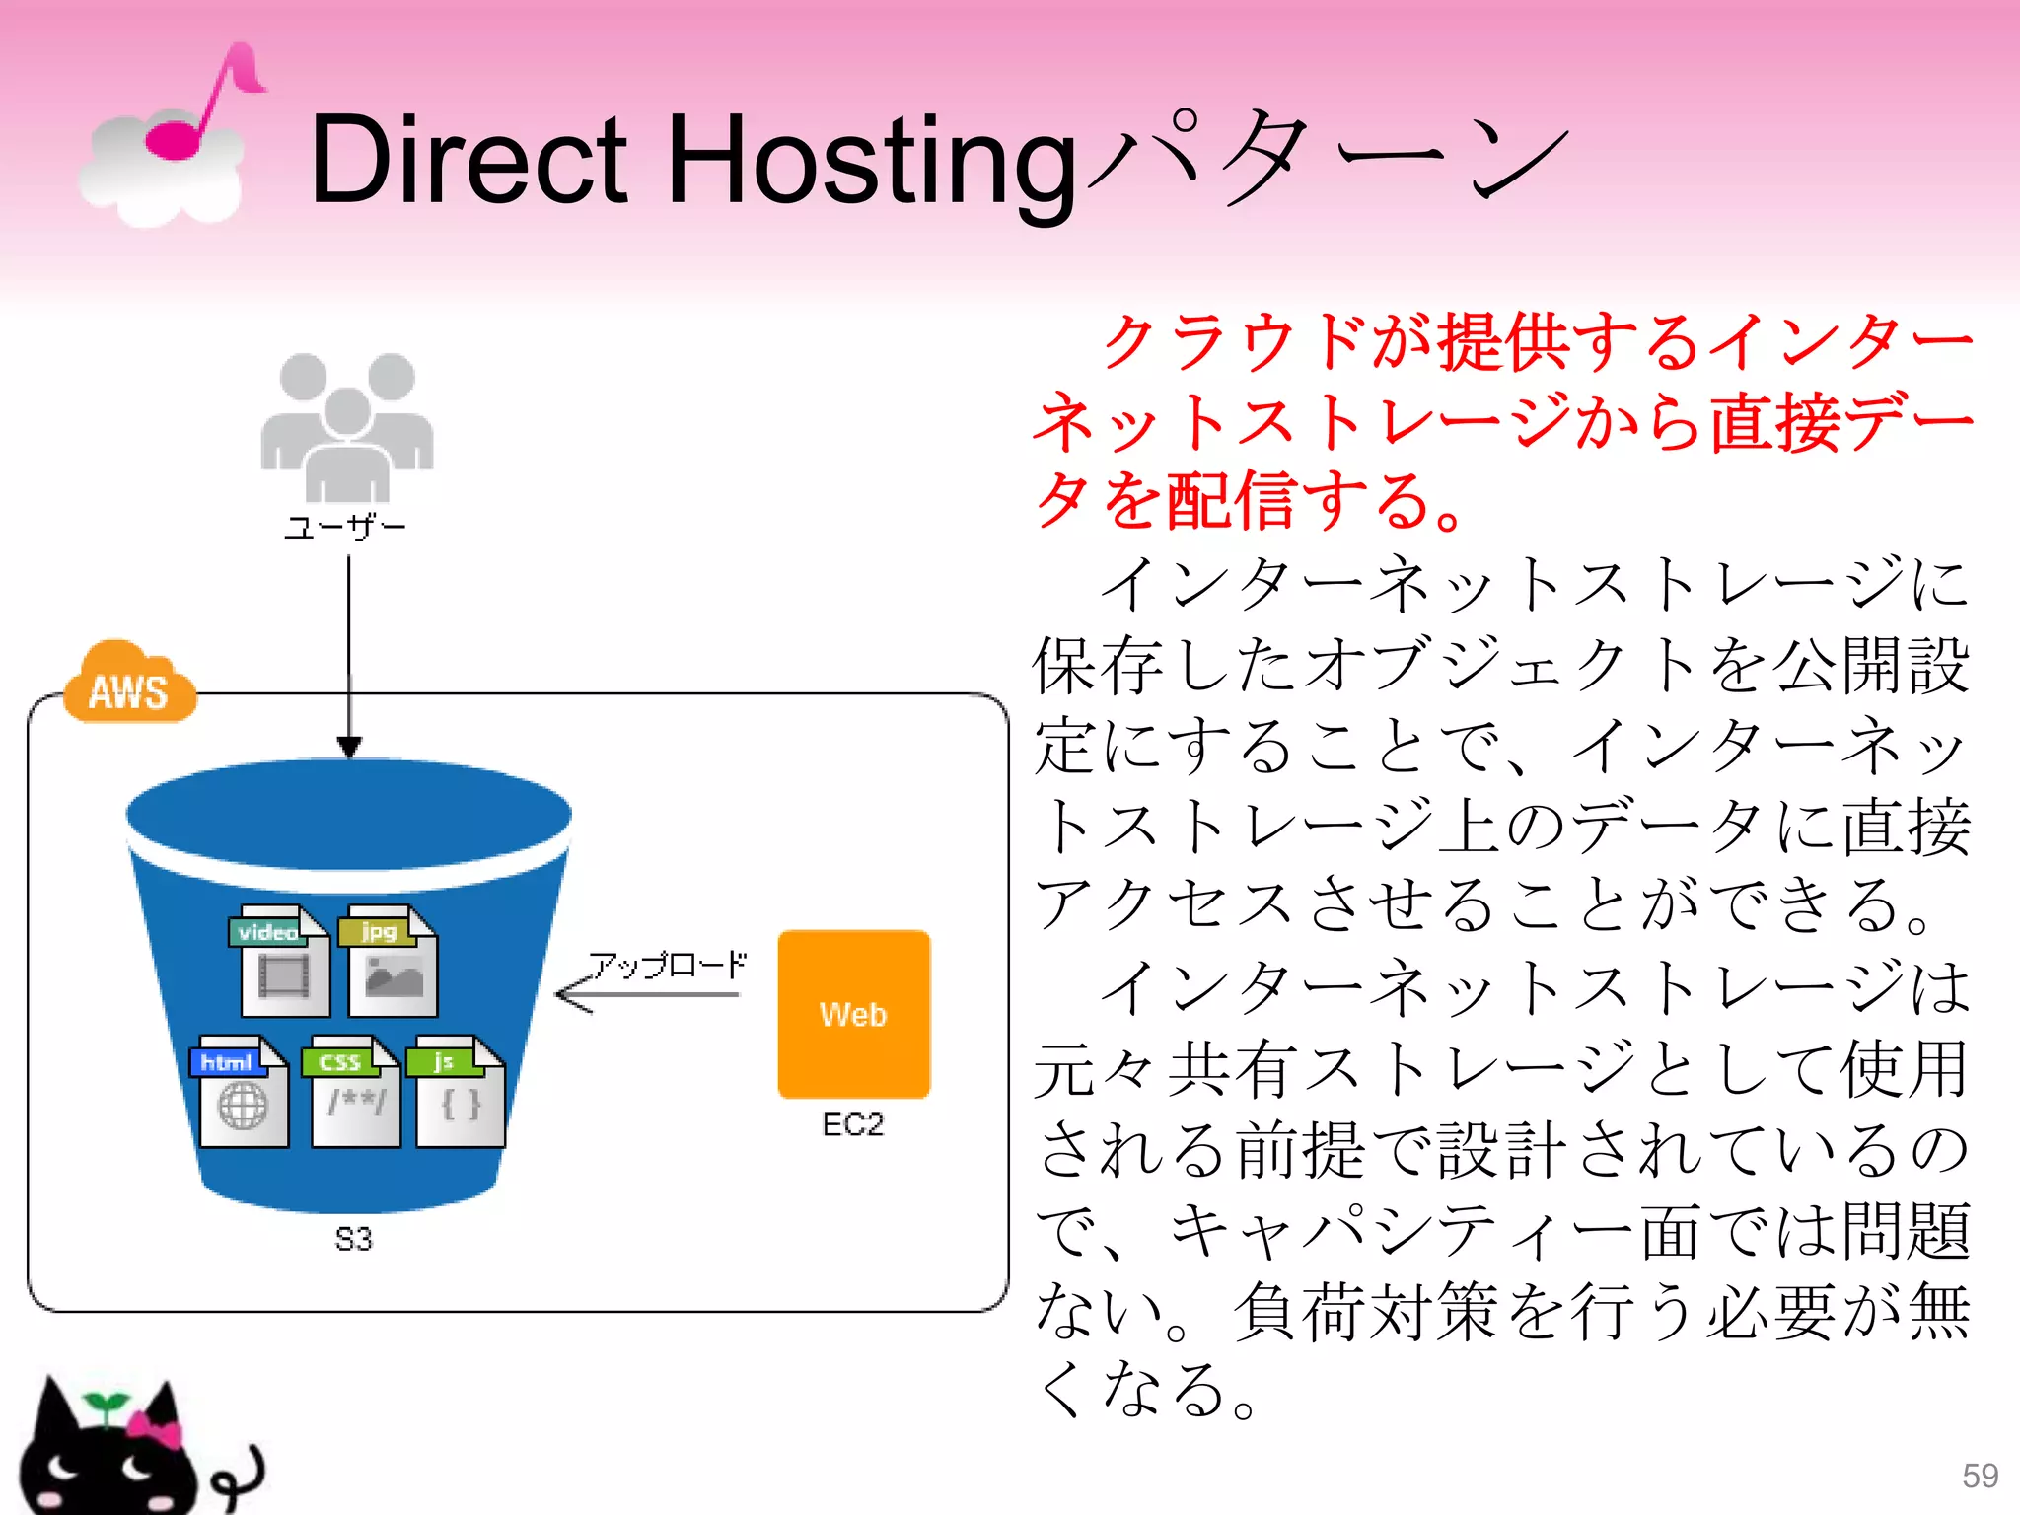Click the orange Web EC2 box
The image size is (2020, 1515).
853,1014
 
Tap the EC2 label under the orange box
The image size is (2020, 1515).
853,1124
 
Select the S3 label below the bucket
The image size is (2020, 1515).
353,1239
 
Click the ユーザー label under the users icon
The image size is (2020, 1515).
345,528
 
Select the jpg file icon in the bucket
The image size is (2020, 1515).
391,961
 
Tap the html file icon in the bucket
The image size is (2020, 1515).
242,1091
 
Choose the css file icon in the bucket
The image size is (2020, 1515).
354,1091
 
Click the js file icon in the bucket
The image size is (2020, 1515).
459,1091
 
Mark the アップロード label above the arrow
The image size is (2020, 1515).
668,965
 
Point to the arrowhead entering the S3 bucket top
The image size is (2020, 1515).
349,746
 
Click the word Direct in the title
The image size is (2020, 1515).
469,160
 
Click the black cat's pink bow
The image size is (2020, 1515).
155,1428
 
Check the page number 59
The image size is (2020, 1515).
1980,1476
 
